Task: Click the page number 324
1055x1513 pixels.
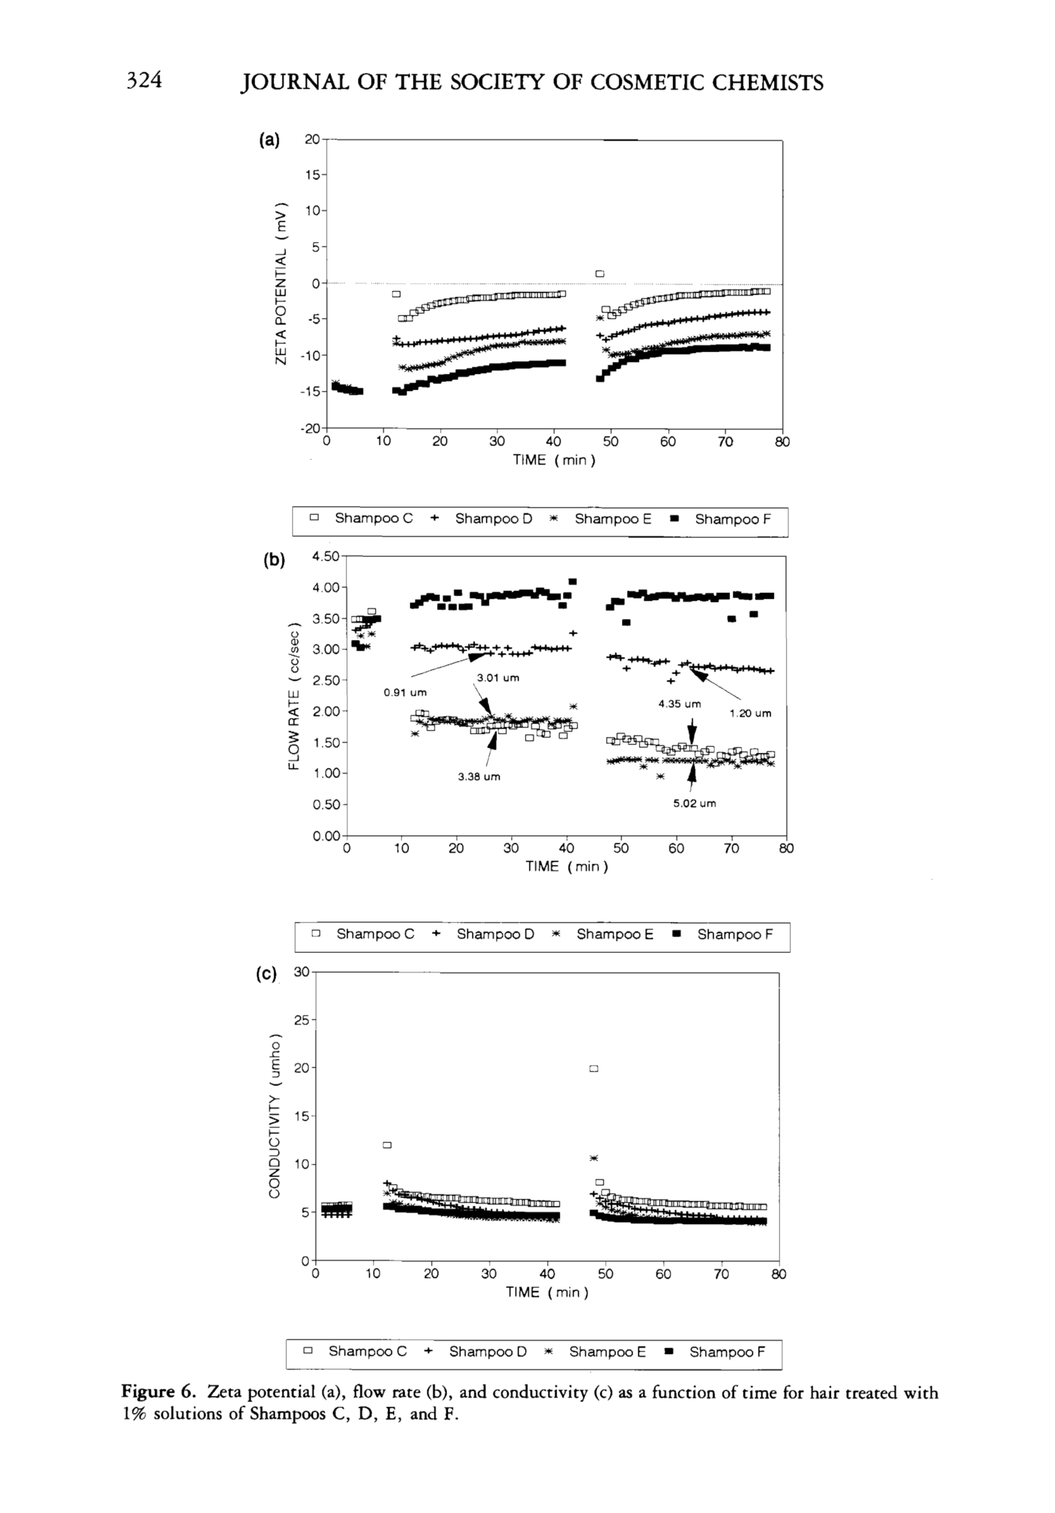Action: [x=144, y=80]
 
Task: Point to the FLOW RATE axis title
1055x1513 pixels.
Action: [x=294, y=696]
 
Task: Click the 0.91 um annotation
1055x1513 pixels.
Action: [x=405, y=693]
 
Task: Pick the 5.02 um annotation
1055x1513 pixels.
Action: [x=694, y=803]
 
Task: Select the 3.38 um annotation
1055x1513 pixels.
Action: [x=479, y=777]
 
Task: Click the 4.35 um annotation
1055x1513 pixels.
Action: [x=679, y=704]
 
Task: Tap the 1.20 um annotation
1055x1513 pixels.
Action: [x=750, y=713]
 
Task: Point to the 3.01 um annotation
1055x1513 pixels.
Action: [x=498, y=677]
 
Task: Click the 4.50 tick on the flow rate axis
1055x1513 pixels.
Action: [x=325, y=556]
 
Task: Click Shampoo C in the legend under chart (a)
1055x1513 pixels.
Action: [x=374, y=518]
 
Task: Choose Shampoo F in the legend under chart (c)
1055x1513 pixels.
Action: [x=727, y=1351]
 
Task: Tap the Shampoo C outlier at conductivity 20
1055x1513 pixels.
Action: [x=593, y=1068]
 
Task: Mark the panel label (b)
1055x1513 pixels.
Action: [x=274, y=560]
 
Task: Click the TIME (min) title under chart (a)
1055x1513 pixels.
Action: [x=554, y=460]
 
